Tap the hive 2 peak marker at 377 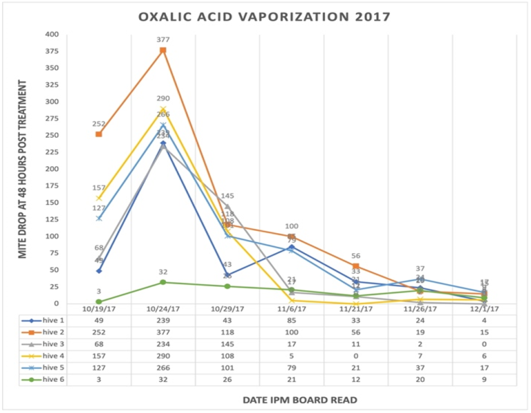tap(163, 51)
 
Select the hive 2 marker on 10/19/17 tap(99, 134)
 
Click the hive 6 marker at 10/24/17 tap(163, 282)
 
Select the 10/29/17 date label tap(227, 309)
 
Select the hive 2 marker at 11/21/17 tap(355, 266)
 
